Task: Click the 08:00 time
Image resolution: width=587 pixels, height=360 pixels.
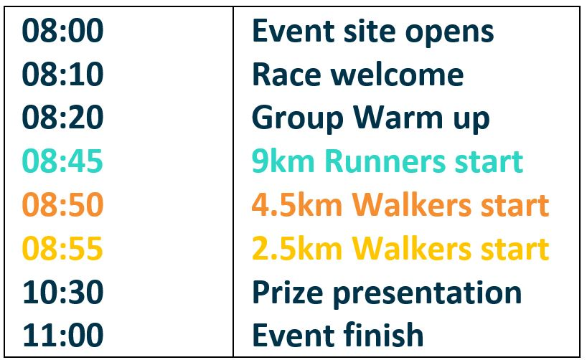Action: click(x=62, y=30)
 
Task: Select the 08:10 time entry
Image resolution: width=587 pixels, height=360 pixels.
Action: click(x=62, y=74)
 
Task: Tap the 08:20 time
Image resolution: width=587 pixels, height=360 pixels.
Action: click(x=62, y=118)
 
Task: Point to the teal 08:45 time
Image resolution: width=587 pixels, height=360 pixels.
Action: click(x=62, y=161)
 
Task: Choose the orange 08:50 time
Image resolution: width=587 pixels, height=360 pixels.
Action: click(x=62, y=204)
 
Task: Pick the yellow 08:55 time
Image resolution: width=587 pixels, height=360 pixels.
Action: click(x=62, y=248)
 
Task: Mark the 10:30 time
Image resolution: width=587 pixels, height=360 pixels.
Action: click(x=63, y=292)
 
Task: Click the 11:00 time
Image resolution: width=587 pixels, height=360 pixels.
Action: click(x=63, y=335)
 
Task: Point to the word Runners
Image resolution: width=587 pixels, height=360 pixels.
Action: click(x=385, y=161)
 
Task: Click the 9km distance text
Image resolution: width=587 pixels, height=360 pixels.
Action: click(x=283, y=161)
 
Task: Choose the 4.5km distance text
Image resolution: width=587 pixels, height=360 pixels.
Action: click(x=297, y=204)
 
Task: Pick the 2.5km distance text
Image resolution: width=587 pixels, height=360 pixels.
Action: click(x=297, y=248)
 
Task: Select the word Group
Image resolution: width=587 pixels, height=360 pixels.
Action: click(x=298, y=119)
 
